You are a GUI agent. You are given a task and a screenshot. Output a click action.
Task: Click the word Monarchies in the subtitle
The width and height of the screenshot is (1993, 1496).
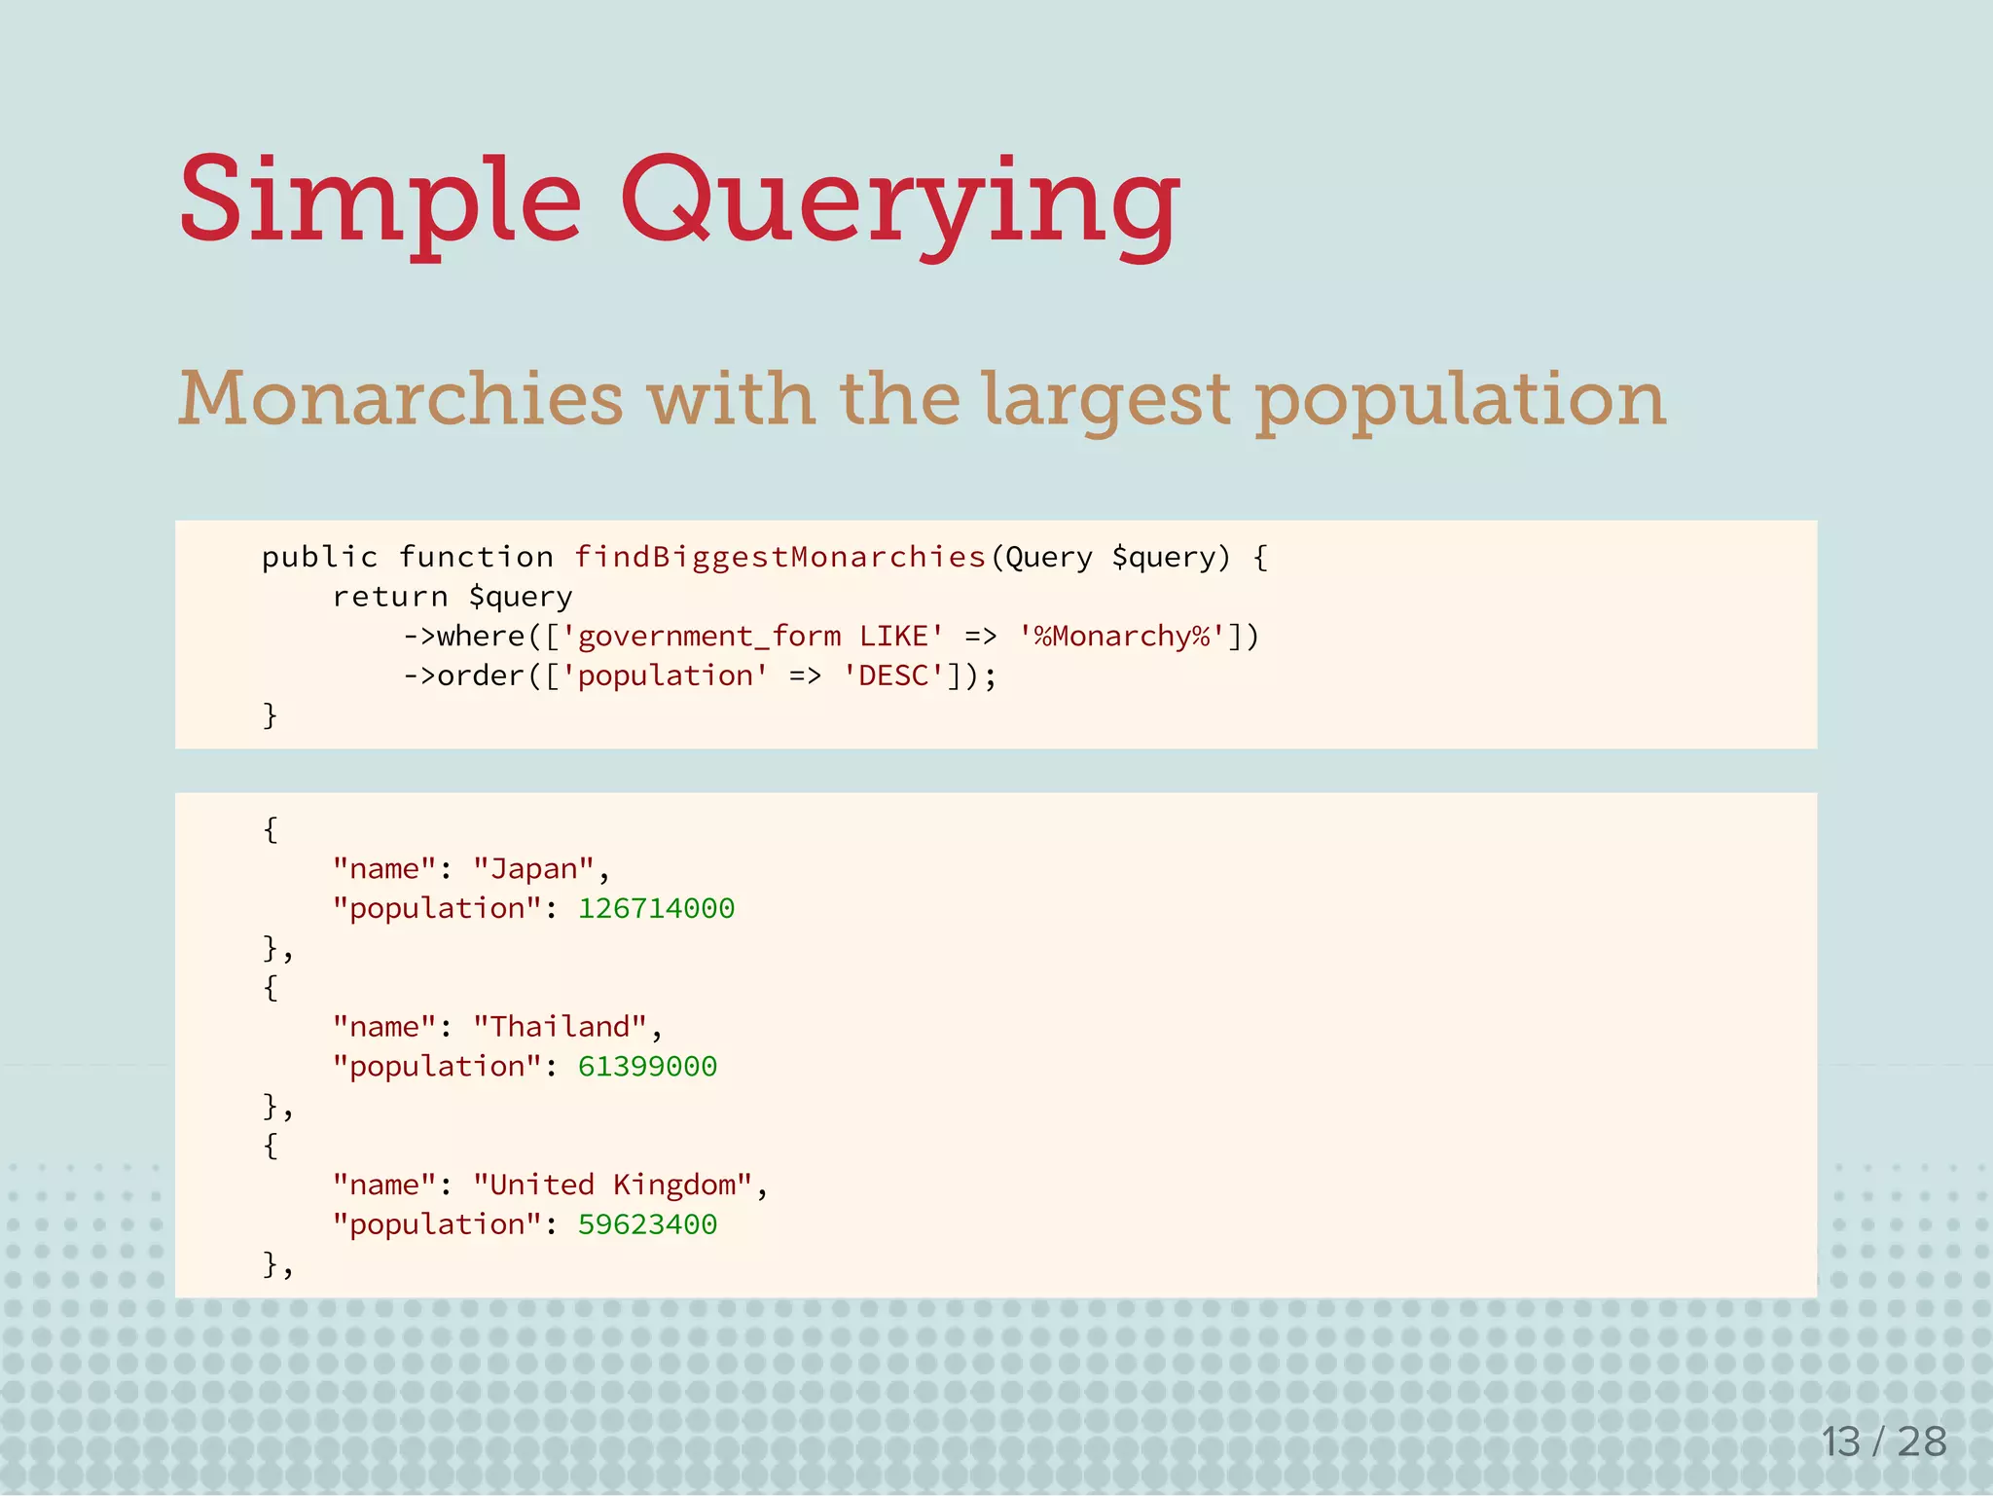400,399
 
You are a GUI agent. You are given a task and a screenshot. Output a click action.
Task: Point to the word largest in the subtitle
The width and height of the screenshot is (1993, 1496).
1106,399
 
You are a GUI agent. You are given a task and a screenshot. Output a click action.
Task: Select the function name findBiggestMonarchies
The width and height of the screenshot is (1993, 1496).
780,557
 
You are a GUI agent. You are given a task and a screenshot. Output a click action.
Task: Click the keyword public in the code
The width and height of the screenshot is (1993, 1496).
319,557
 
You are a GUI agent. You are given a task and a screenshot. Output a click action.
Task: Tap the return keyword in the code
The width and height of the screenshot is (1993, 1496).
390,597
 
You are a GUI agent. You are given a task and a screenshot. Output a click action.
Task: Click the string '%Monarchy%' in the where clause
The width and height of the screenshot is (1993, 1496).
1122,637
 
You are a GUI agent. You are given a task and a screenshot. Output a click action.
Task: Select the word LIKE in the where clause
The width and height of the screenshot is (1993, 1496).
893,637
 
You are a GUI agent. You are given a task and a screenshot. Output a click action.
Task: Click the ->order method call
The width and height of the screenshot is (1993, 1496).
464,675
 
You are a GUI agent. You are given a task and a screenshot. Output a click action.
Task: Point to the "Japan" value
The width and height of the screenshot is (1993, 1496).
533,868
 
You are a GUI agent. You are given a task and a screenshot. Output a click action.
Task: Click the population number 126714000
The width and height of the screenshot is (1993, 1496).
657,908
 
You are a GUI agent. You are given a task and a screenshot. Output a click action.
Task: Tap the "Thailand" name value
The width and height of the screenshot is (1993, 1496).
560,1027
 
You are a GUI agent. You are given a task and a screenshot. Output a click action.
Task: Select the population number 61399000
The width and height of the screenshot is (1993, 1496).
647,1067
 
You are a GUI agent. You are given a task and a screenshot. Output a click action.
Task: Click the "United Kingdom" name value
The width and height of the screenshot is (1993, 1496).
612,1185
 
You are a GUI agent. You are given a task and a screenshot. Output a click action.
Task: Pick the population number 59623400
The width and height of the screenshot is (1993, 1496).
647,1224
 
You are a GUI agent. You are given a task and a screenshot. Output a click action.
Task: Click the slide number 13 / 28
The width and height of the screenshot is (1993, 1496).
1884,1441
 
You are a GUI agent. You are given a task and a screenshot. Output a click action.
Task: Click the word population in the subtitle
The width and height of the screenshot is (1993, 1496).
1461,399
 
